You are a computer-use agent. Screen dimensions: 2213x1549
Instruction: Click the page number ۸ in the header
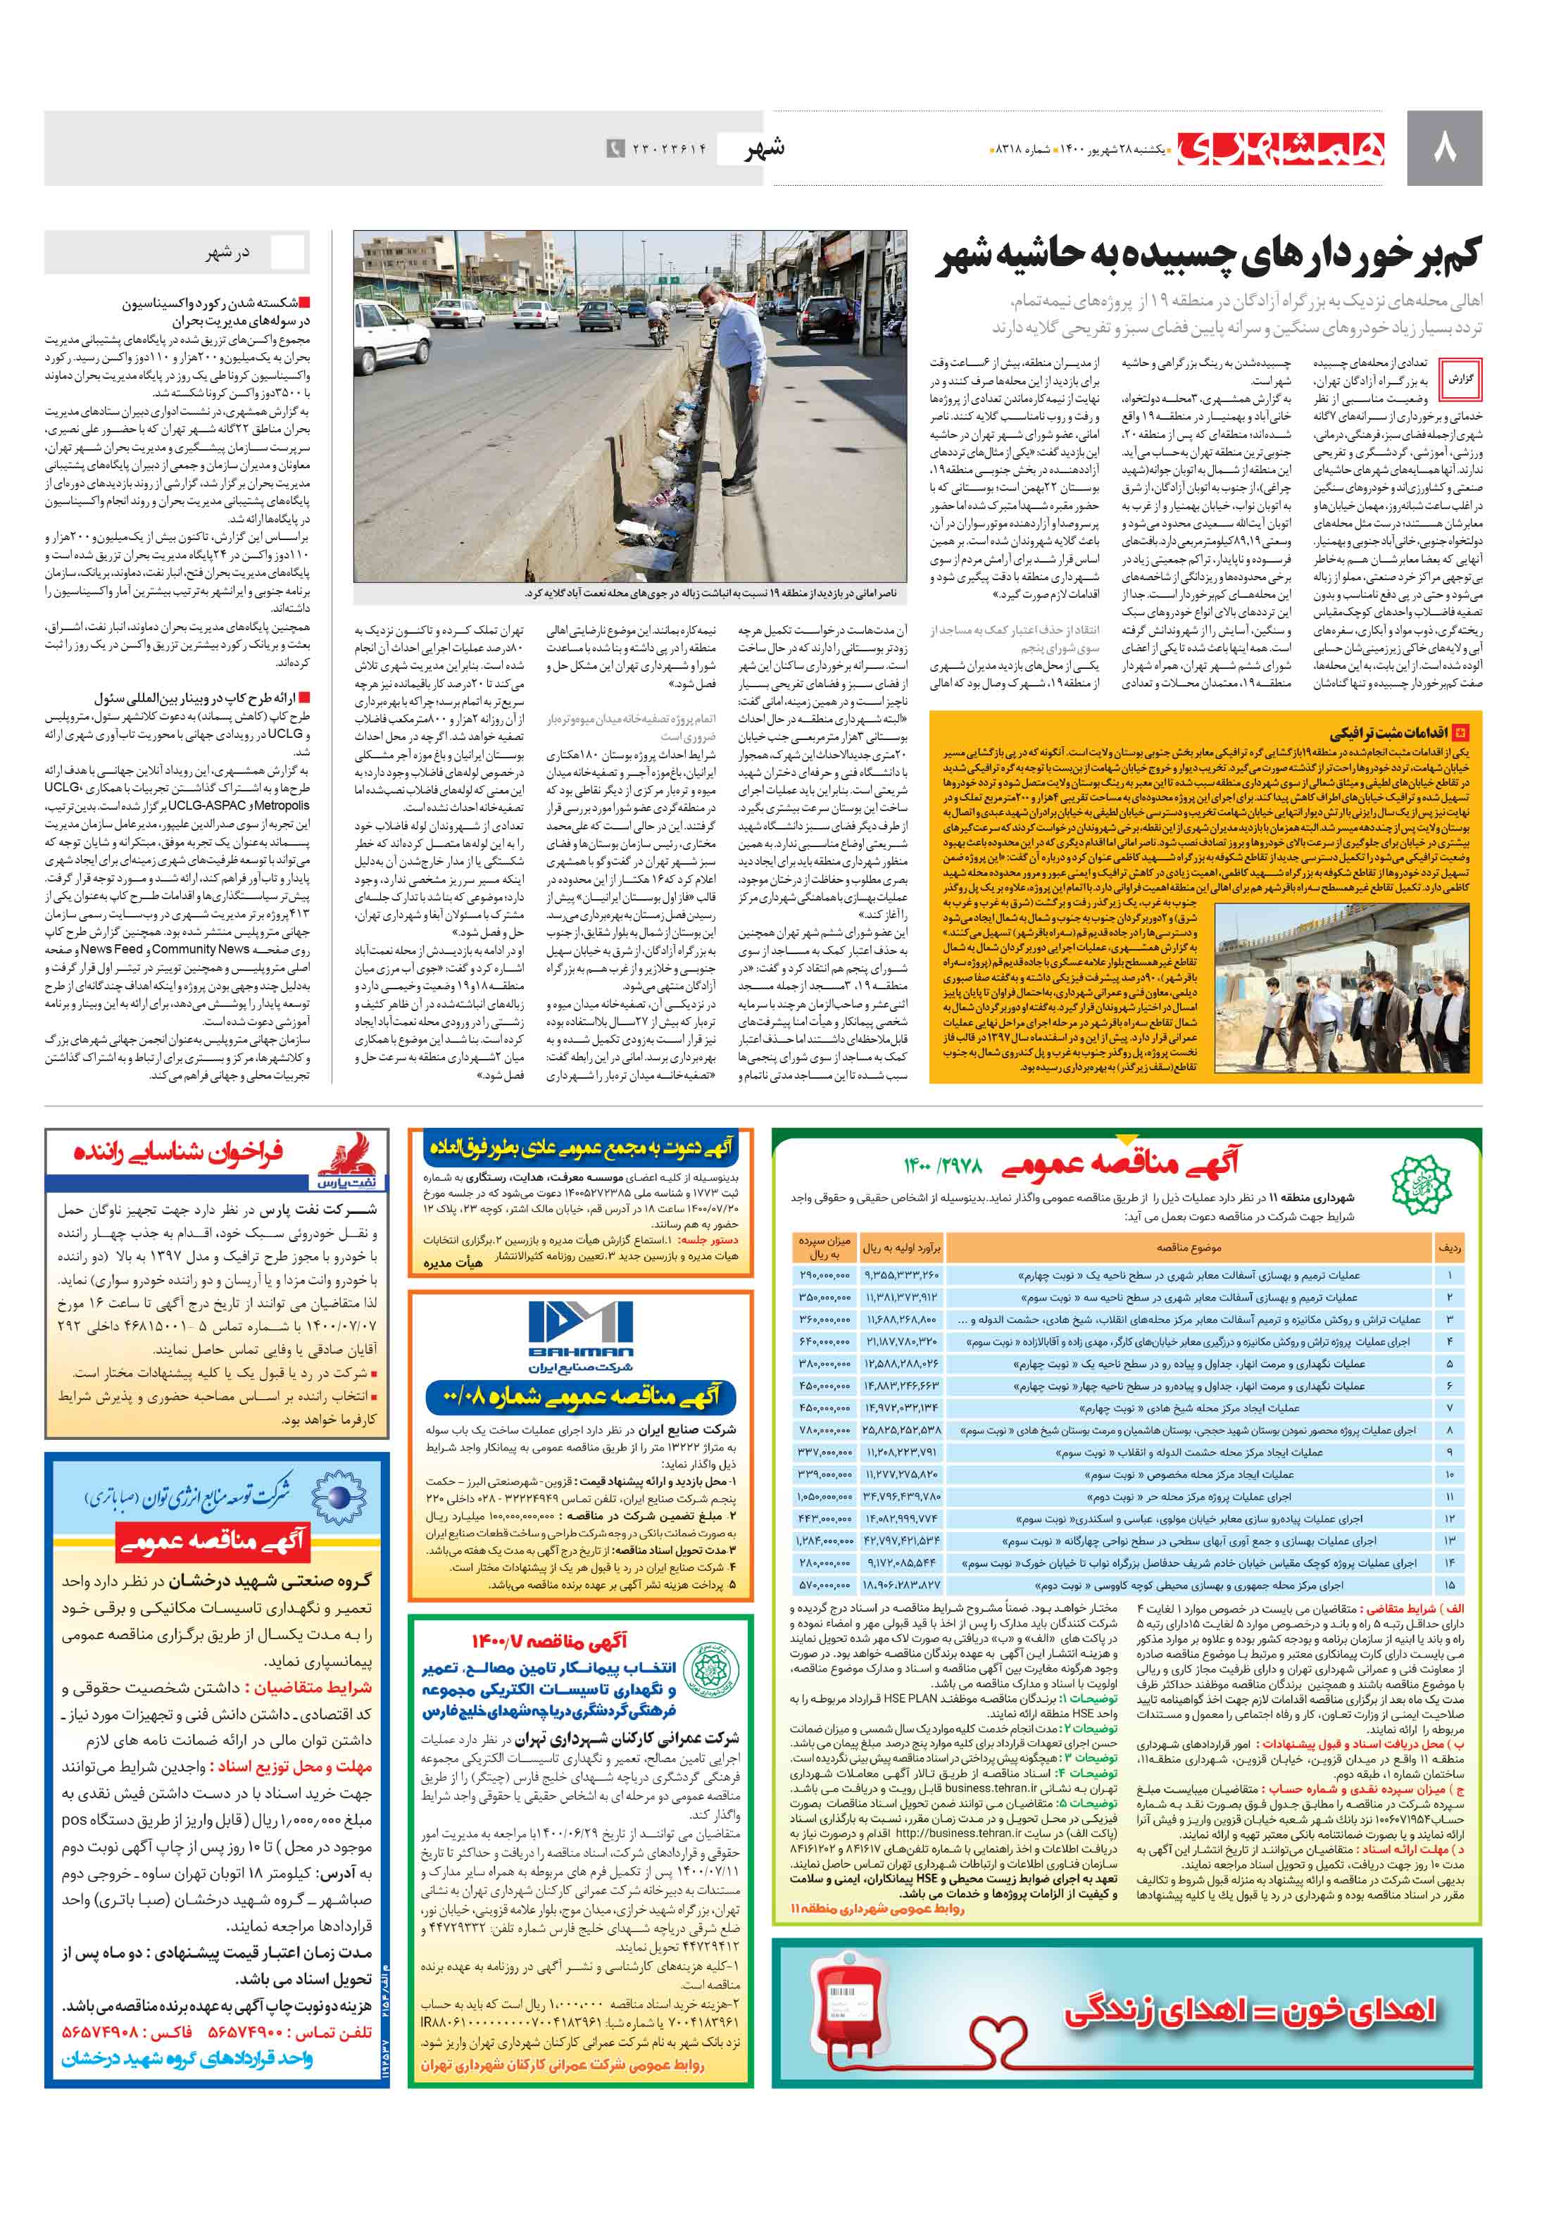point(1445,149)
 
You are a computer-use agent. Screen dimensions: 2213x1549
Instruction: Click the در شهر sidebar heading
point(227,253)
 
